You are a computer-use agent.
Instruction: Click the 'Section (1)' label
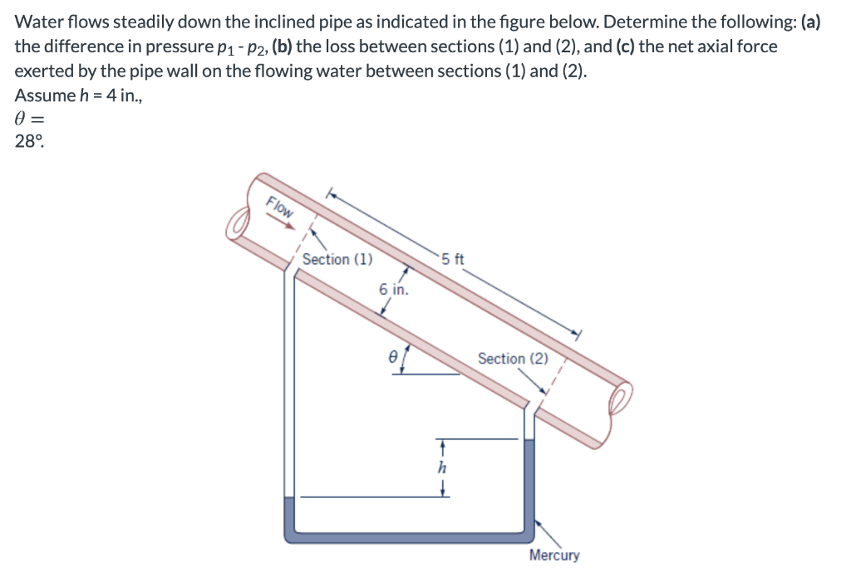(x=337, y=259)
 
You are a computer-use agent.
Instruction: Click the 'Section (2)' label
(x=513, y=359)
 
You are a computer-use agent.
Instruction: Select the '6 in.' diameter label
(x=393, y=289)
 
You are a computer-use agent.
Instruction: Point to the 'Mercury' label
(x=554, y=555)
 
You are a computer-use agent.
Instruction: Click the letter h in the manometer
(x=443, y=467)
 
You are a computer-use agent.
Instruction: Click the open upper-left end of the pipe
(x=240, y=223)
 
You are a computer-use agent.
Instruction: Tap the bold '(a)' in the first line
(x=810, y=22)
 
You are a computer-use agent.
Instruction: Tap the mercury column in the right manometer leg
(x=529, y=482)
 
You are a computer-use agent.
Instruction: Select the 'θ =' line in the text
(x=30, y=119)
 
